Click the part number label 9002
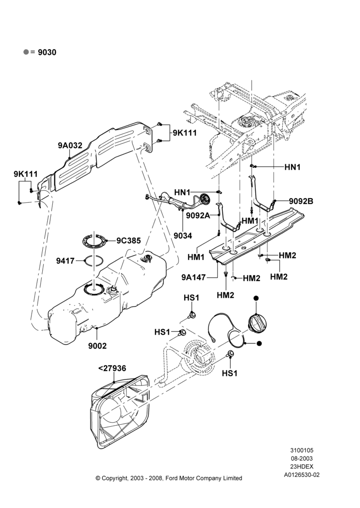pyautogui.click(x=97, y=346)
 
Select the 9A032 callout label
pyautogui.click(x=70, y=145)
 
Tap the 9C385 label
pyautogui.click(x=129, y=241)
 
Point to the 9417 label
pyautogui.click(x=66, y=261)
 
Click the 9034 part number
pyautogui.click(x=183, y=236)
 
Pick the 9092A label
pyautogui.click(x=198, y=215)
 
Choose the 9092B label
pyautogui.click(x=302, y=201)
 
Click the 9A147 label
pyautogui.click(x=194, y=277)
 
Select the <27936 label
pyautogui.click(x=112, y=368)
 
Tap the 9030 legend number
pyautogui.click(x=47, y=52)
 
